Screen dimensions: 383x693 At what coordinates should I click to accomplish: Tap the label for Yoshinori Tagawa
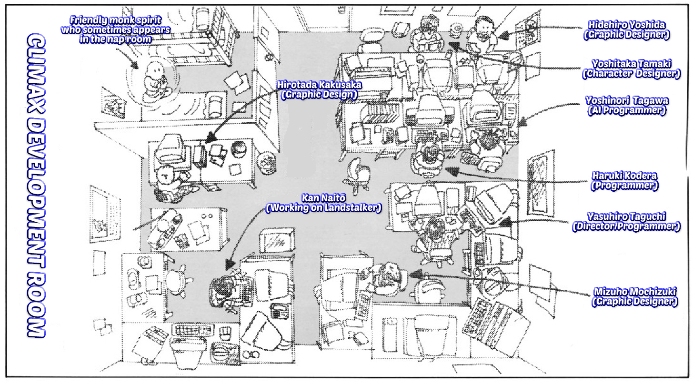pos(626,101)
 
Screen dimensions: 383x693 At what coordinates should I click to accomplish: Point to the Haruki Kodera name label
pos(624,176)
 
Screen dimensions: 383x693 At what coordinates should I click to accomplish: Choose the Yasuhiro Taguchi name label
pos(626,216)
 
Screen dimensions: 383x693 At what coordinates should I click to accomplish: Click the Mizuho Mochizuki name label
pos(635,291)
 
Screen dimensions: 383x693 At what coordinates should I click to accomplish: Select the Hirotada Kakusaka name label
pos(319,85)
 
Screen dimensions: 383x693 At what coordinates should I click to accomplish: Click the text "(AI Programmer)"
pos(626,110)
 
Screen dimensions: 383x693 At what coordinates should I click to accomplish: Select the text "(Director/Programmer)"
pos(626,226)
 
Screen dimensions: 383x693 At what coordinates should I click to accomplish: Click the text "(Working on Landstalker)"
pos(324,208)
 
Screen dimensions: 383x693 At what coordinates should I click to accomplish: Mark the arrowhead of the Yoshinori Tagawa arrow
pos(520,122)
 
